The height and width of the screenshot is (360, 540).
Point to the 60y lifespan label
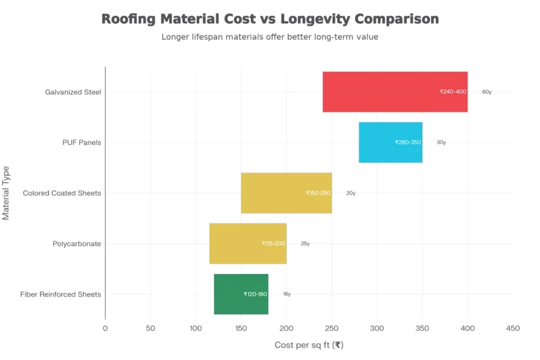click(486, 92)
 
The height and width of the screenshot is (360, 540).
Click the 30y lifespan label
click(441, 142)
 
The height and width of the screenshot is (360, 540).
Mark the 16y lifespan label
click(286, 294)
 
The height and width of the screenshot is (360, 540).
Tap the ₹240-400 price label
click(452, 92)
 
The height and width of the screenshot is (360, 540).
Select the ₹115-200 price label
click(273, 244)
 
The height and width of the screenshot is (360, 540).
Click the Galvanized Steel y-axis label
click(73, 92)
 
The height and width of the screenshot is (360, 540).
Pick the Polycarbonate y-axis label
click(76, 244)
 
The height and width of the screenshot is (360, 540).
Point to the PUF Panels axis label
click(81, 142)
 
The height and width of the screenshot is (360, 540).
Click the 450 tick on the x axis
click(513, 328)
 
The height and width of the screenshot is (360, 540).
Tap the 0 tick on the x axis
click(105, 328)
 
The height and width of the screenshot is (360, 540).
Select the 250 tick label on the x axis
click(332, 328)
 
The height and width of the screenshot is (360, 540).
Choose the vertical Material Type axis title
click(6, 193)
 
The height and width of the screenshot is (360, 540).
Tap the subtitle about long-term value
click(269, 37)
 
